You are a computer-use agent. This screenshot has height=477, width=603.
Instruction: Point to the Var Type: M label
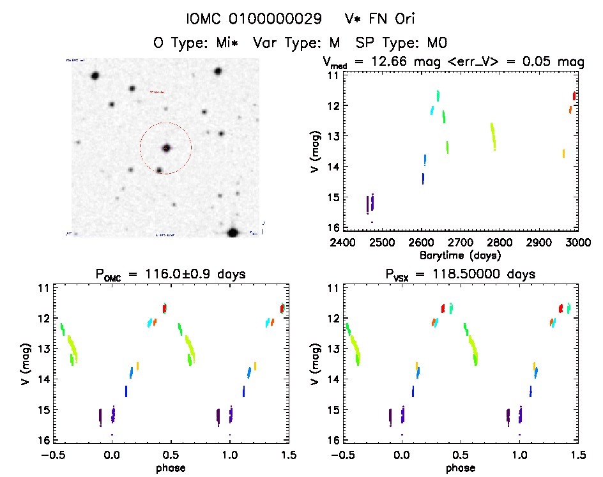294,43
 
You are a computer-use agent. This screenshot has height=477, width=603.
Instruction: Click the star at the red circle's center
166,148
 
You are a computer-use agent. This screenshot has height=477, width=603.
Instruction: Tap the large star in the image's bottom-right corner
233,232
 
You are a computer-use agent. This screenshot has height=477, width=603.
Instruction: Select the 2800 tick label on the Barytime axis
500,243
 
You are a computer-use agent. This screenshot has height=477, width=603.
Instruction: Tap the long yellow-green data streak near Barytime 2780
493,136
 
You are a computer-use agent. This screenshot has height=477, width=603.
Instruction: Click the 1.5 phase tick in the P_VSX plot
578,455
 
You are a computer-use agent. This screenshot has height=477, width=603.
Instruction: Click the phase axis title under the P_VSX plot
461,467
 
